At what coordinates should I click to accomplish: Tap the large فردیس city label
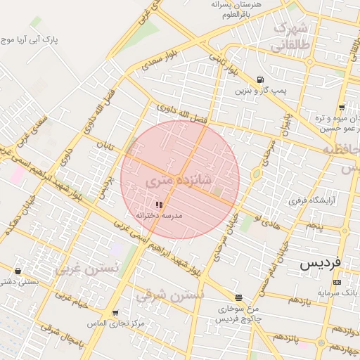(x=320, y=263)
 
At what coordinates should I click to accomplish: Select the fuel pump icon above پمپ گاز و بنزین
(x=261, y=79)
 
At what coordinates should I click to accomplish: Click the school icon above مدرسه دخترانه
(x=159, y=205)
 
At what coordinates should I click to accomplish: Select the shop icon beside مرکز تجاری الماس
(x=115, y=312)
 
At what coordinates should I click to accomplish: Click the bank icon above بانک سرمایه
(x=337, y=282)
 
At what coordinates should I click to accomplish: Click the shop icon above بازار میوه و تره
(x=342, y=108)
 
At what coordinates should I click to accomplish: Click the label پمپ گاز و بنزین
(x=252, y=91)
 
